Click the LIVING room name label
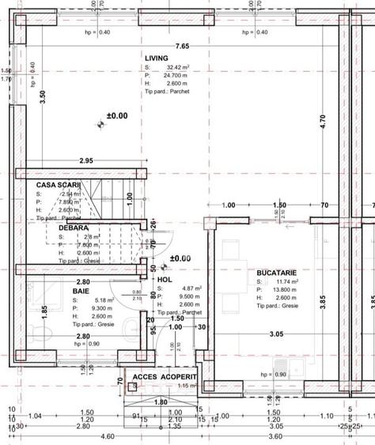[157, 58]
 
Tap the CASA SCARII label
[54, 184]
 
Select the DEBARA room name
[73, 228]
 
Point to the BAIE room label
[81, 292]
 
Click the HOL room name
[164, 280]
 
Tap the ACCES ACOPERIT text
[164, 377]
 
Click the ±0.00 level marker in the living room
[116, 115]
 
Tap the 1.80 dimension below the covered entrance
[160, 402]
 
